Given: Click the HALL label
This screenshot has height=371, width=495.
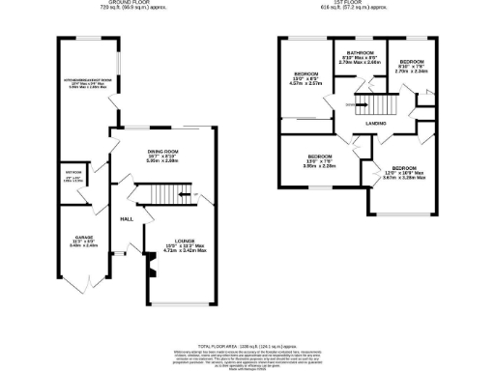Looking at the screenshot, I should (x=126, y=219).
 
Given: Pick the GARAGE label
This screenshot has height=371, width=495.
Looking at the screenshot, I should (x=72, y=237).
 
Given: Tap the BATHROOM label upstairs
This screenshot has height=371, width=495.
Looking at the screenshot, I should (x=359, y=54).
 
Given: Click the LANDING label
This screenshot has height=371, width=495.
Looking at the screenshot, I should (x=377, y=123).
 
